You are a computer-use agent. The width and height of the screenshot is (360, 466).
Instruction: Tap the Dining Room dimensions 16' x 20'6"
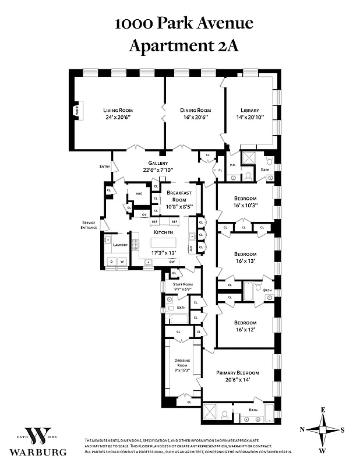195,117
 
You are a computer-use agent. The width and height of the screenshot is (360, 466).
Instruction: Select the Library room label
250,110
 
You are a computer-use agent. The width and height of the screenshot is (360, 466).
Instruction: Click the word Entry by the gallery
105,167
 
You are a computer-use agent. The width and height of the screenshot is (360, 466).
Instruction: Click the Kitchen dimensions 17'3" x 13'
163,253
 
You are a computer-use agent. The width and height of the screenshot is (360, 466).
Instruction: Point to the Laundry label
120,245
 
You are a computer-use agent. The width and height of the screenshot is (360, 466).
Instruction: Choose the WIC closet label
139,193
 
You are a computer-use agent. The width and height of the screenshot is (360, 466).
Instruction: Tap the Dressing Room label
182,363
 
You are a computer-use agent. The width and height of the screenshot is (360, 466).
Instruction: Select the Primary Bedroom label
237,373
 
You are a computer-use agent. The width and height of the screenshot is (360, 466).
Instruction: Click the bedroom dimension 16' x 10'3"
245,205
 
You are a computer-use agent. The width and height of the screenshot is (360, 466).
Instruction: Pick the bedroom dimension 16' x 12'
245,330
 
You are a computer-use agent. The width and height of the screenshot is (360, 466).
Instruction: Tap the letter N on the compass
301,429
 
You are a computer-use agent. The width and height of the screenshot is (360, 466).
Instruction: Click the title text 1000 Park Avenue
183,23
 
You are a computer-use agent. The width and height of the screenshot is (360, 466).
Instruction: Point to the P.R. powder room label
232,165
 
